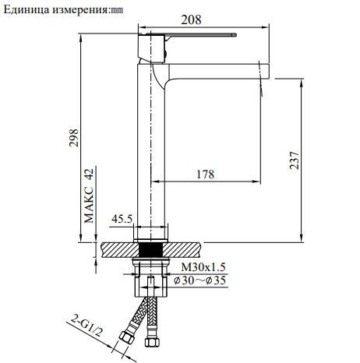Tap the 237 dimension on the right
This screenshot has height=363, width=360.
[x=315, y=160]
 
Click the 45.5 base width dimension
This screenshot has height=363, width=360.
[x=122, y=219]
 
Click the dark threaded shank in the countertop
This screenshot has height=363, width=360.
[x=152, y=251]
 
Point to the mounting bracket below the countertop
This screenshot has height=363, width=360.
[x=152, y=269]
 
